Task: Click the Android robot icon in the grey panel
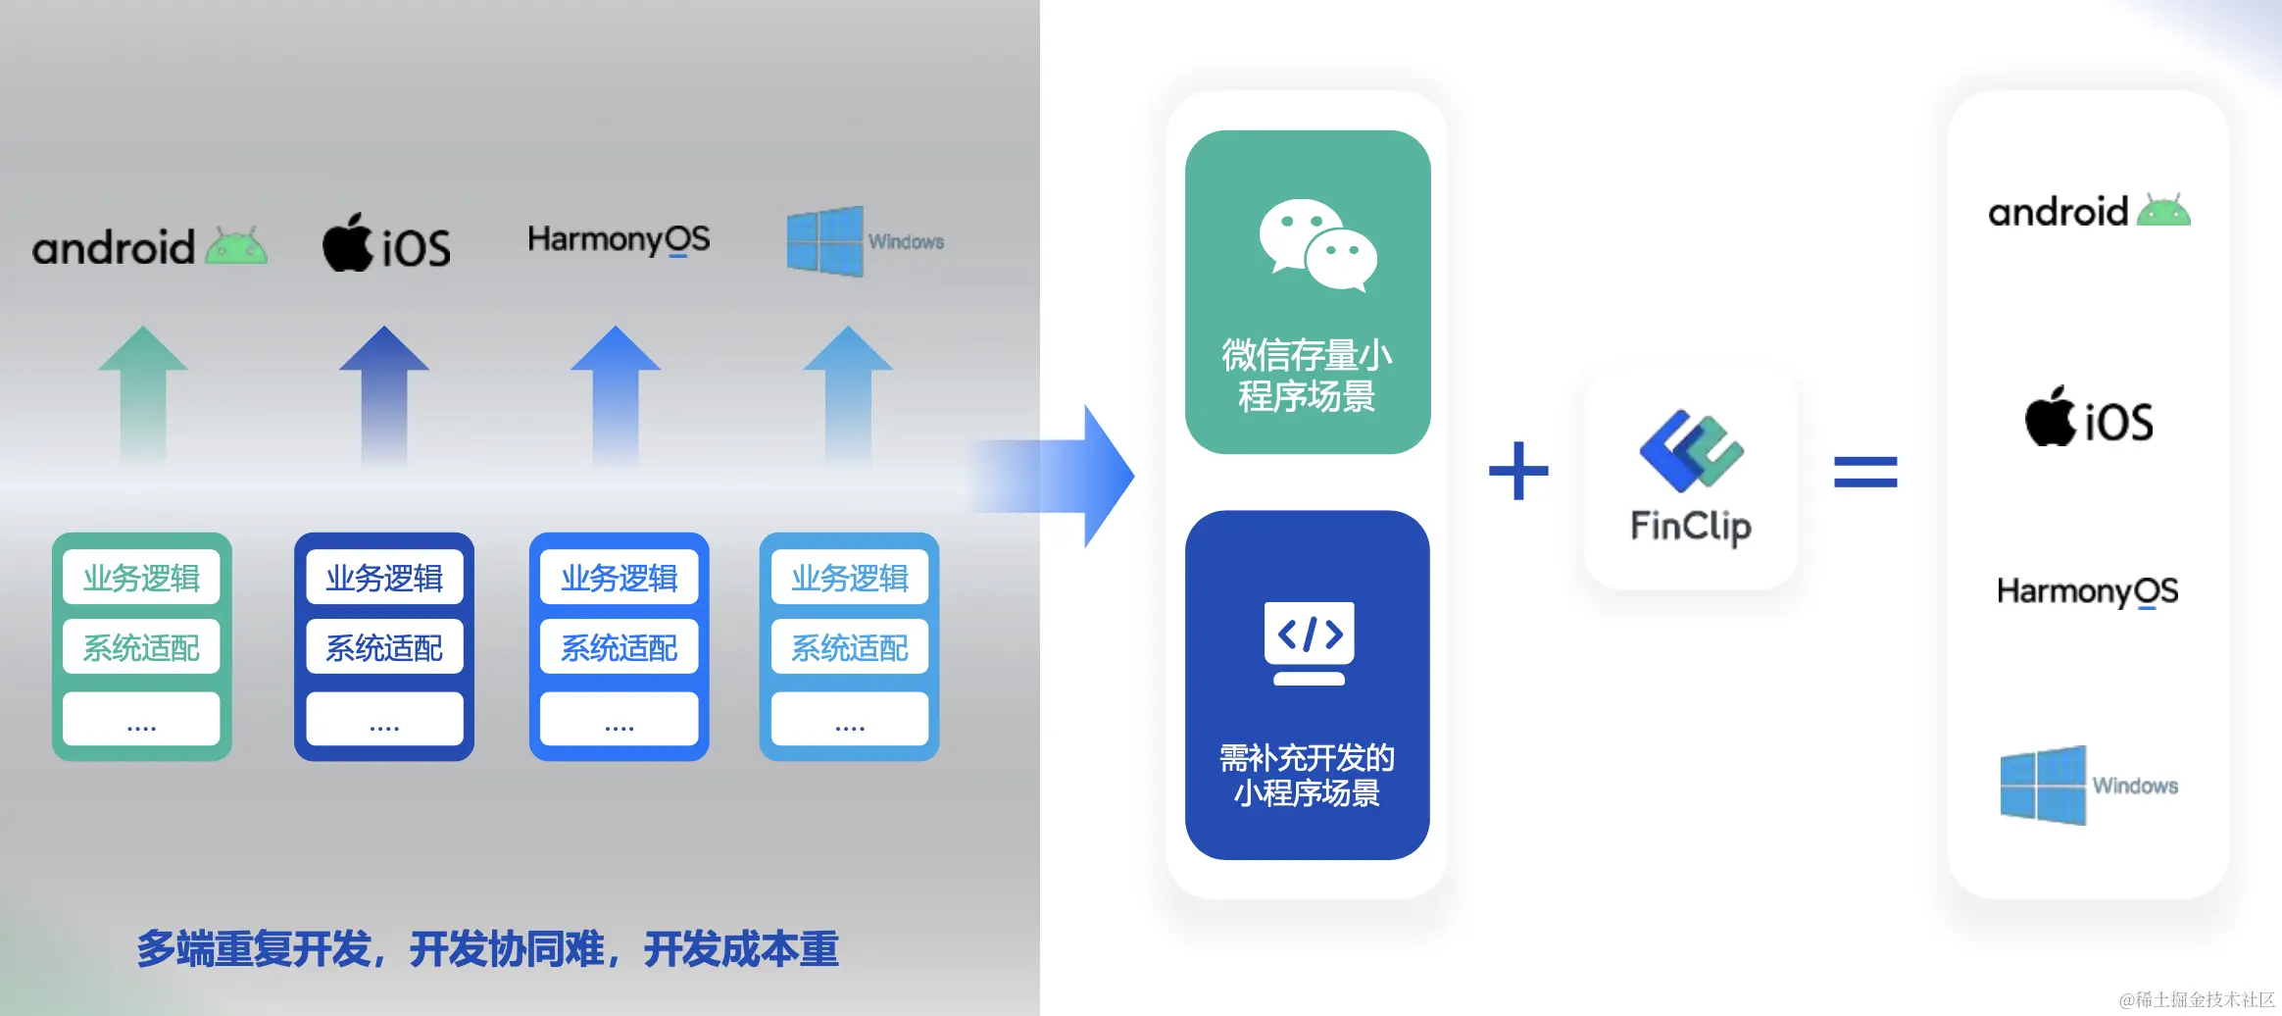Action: pyautogui.click(x=236, y=246)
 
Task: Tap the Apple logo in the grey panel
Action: pyautogui.click(x=347, y=243)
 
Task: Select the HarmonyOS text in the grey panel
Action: pyautogui.click(x=619, y=239)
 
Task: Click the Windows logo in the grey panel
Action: pyautogui.click(x=824, y=241)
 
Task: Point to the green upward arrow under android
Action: pyautogui.click(x=143, y=392)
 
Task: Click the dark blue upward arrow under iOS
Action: pyautogui.click(x=384, y=392)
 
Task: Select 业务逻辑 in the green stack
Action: pyautogui.click(x=141, y=578)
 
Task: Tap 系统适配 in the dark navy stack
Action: pyautogui.click(x=384, y=647)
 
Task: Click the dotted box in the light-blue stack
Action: pyautogui.click(x=849, y=720)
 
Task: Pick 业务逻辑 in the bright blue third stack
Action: pyautogui.click(x=619, y=578)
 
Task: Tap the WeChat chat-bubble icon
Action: pyautogui.click(x=1317, y=245)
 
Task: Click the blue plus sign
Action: pyautogui.click(x=1518, y=471)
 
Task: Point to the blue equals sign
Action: pyautogui.click(x=1865, y=472)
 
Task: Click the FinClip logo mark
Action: pyautogui.click(x=1691, y=450)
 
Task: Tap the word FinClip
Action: pyautogui.click(x=1691, y=527)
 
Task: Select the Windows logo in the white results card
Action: pyautogui.click(x=2043, y=785)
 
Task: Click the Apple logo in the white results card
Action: pyautogui.click(x=2050, y=417)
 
